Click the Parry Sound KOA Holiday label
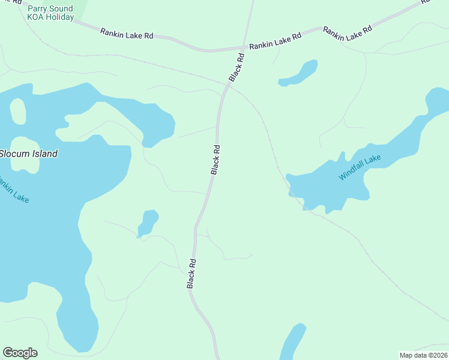[50, 13]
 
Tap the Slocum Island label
[29, 154]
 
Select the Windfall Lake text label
[360, 167]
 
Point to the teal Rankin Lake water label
[13, 190]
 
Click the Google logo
[20, 353]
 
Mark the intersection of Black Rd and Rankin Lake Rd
[244, 48]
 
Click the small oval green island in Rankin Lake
[18, 111]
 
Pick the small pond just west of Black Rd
[147, 223]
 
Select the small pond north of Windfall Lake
[298, 73]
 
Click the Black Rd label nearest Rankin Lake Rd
[237, 67]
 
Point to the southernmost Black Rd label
[191, 274]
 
